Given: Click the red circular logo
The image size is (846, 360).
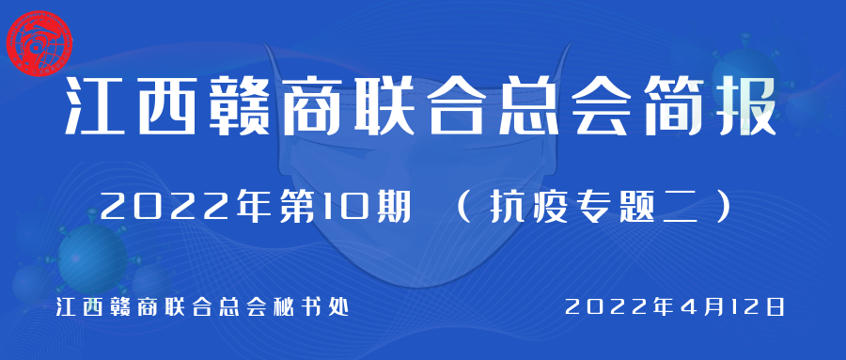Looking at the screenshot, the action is point(39,43).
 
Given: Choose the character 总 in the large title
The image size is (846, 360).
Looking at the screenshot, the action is point(524,106).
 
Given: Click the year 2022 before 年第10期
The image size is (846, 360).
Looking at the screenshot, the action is point(166,207).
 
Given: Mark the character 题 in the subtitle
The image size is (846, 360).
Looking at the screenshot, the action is point(639,207).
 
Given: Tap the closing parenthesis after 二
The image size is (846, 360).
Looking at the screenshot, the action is point(724,207).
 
